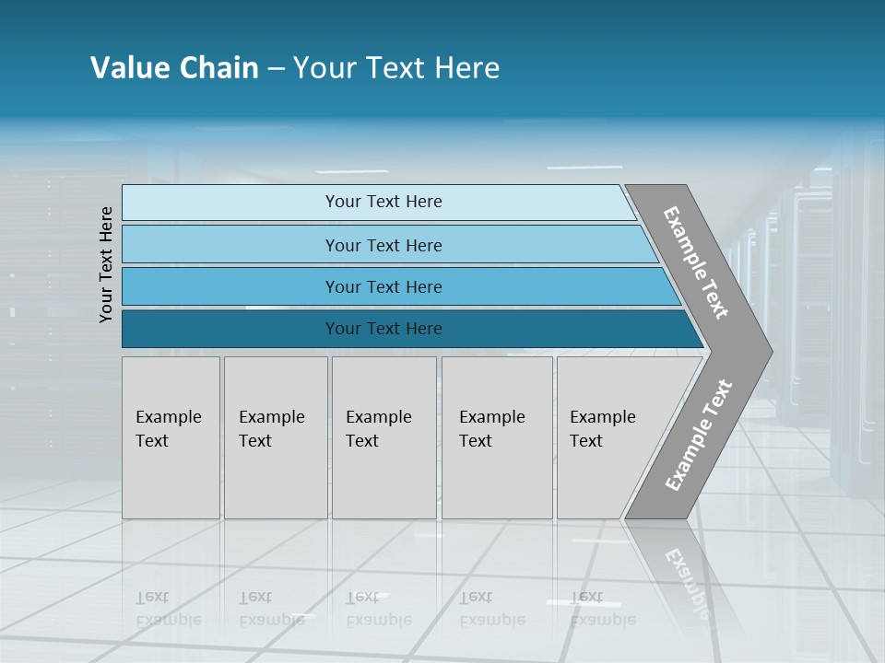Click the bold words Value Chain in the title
pyautogui.click(x=174, y=68)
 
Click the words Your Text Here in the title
pyautogui.click(x=396, y=68)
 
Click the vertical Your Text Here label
pyautogui.click(x=106, y=264)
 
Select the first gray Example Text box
pyautogui.click(x=171, y=437)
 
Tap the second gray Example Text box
pyautogui.click(x=275, y=437)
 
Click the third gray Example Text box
pyautogui.click(x=383, y=437)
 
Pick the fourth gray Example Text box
pyautogui.click(x=497, y=437)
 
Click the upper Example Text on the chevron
pyautogui.click(x=696, y=262)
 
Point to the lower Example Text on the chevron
pyautogui.click(x=698, y=436)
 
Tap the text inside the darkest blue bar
pyautogui.click(x=383, y=329)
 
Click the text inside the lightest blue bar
pyautogui.click(x=383, y=202)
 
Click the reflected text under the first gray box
pyautogui.click(x=168, y=609)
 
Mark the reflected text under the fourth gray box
pyautogui.click(x=492, y=609)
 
